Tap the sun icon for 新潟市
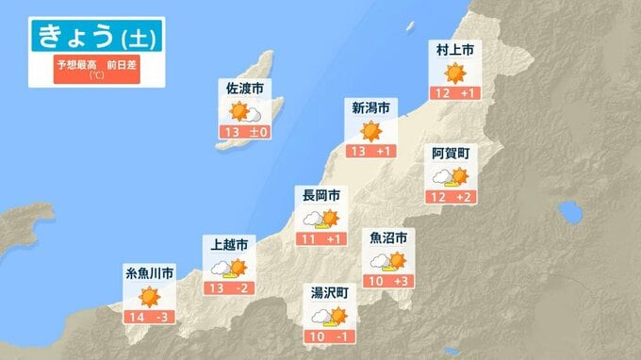370,130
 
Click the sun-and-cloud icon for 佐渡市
244,112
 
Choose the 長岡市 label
320,195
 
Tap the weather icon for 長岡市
320,219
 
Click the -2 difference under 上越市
241,286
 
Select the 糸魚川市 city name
149,273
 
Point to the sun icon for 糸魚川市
149,297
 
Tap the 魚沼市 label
388,237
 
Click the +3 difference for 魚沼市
400,280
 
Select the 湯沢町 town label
330,293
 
